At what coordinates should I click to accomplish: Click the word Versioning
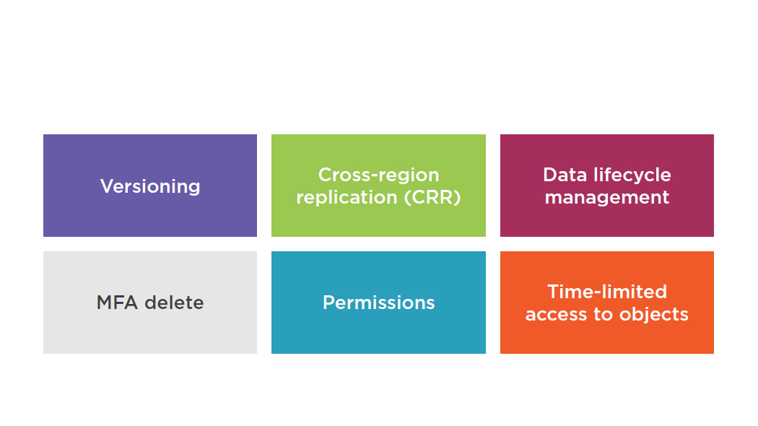pyautogui.click(x=150, y=187)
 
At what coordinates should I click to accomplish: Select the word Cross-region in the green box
pyautogui.click(x=378, y=175)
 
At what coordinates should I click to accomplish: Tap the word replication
pyautogui.click(x=347, y=197)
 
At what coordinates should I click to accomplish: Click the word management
pyautogui.click(x=607, y=198)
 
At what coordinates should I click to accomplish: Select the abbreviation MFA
pyautogui.click(x=118, y=303)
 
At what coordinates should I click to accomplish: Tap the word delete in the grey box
pyautogui.click(x=174, y=303)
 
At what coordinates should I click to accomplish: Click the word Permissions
pyautogui.click(x=378, y=303)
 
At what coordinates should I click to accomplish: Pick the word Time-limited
pyautogui.click(x=607, y=292)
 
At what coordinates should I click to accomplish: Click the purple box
pyautogui.click(x=150, y=186)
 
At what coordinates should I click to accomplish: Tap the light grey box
pyautogui.click(x=150, y=303)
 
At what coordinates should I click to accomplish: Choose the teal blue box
pyautogui.click(x=378, y=303)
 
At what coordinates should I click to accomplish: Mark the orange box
pyautogui.click(x=607, y=303)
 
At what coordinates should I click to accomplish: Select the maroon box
pyautogui.click(x=607, y=186)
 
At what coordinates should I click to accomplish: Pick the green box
pyautogui.click(x=378, y=186)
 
